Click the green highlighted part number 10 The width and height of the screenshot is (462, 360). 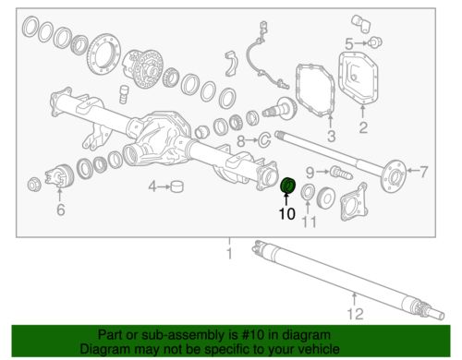[x=288, y=186]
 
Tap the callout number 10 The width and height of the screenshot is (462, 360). [x=287, y=214]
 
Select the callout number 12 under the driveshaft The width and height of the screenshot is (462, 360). [x=356, y=314]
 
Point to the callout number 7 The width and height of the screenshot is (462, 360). [x=423, y=172]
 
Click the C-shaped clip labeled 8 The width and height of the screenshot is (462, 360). [x=264, y=139]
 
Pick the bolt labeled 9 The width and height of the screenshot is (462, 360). [x=341, y=173]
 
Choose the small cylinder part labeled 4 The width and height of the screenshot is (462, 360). [x=176, y=186]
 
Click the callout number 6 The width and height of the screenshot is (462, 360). [x=61, y=210]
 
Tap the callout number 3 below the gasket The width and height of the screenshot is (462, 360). [x=331, y=136]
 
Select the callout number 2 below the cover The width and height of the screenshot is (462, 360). [x=363, y=127]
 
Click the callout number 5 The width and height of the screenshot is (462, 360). [x=349, y=44]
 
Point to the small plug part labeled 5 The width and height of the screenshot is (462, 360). [x=375, y=42]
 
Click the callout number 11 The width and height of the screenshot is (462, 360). [x=309, y=222]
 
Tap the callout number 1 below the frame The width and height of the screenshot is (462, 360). [x=229, y=254]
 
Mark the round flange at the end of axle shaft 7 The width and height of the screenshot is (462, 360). [x=394, y=176]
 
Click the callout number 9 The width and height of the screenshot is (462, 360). [x=310, y=173]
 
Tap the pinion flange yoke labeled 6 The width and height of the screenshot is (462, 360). [x=58, y=177]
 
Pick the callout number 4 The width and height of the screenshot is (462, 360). [x=152, y=186]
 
